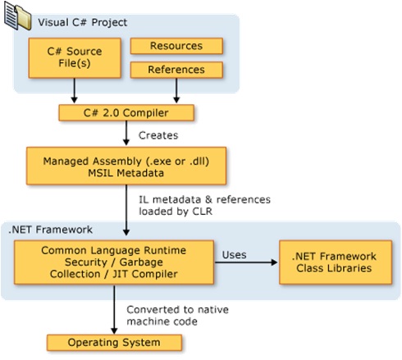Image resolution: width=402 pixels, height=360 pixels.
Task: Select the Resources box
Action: point(176,46)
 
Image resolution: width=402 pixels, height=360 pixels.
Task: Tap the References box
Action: point(176,71)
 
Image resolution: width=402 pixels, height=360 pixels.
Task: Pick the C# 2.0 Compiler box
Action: point(126,111)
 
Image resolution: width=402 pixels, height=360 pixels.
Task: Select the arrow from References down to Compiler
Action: point(176,91)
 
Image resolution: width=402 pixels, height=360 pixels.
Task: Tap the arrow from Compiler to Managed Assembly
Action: point(127,134)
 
